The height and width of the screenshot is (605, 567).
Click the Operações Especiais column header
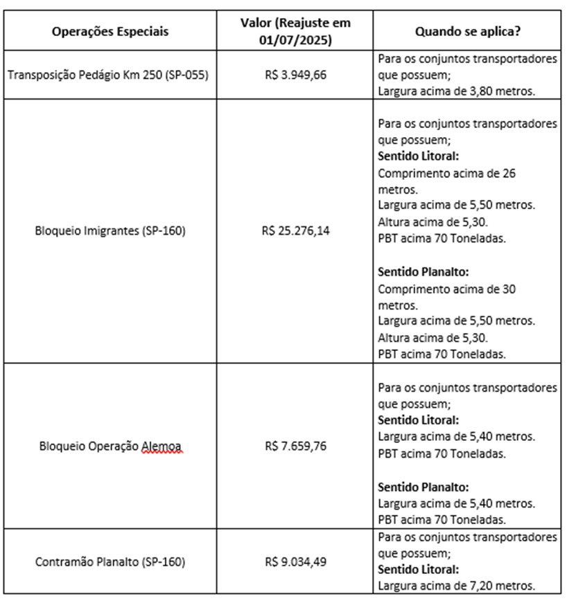[110, 32]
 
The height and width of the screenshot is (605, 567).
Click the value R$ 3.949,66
[295, 75]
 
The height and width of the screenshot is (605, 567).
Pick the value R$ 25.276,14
[295, 231]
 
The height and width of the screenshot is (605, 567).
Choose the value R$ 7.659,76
[295, 446]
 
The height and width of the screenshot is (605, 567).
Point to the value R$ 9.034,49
[295, 562]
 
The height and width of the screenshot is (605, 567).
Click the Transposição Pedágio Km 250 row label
[110, 75]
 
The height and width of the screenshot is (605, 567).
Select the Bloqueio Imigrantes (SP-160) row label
[110, 231]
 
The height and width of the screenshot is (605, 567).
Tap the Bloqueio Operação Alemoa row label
[110, 446]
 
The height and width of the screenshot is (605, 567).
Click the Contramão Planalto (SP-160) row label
[110, 562]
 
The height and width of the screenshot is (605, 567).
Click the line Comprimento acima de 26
[446, 173]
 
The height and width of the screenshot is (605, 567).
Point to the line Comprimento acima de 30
[446, 289]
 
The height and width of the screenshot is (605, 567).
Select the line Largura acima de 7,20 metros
[456, 586]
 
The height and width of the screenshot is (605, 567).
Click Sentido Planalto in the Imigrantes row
[418, 272]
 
